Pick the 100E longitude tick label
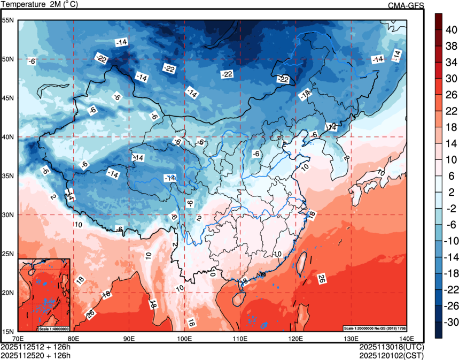(x=184, y=339)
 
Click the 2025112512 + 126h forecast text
(x=36, y=347)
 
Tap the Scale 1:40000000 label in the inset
(x=54, y=328)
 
